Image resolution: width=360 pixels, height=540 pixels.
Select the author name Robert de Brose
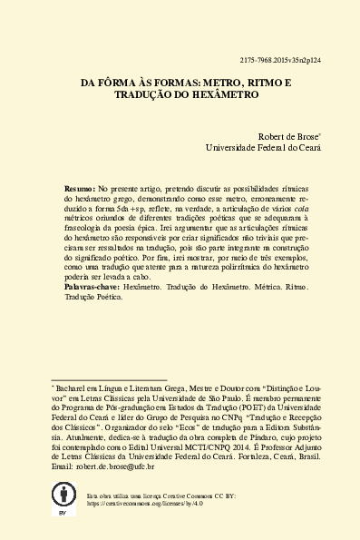(289, 133)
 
